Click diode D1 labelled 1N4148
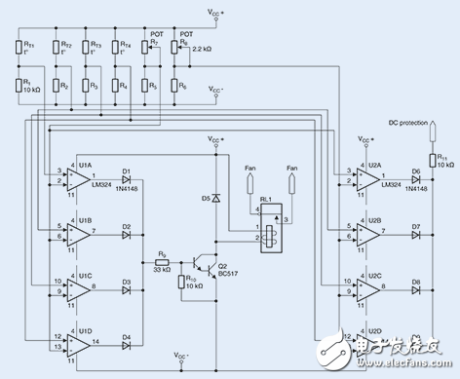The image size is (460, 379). [128, 180]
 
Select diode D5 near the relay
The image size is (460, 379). [215, 198]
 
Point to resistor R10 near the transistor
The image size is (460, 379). [181, 283]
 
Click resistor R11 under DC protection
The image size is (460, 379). [429, 162]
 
